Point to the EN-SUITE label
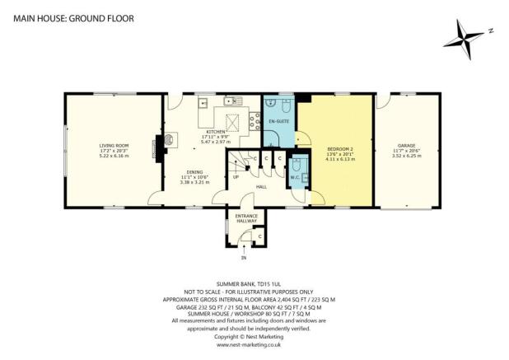[278, 121]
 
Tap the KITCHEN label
[216, 131]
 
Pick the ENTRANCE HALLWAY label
[247, 218]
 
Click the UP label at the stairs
[236, 176]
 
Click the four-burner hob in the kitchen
[233, 124]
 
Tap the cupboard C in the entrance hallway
[259, 236]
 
